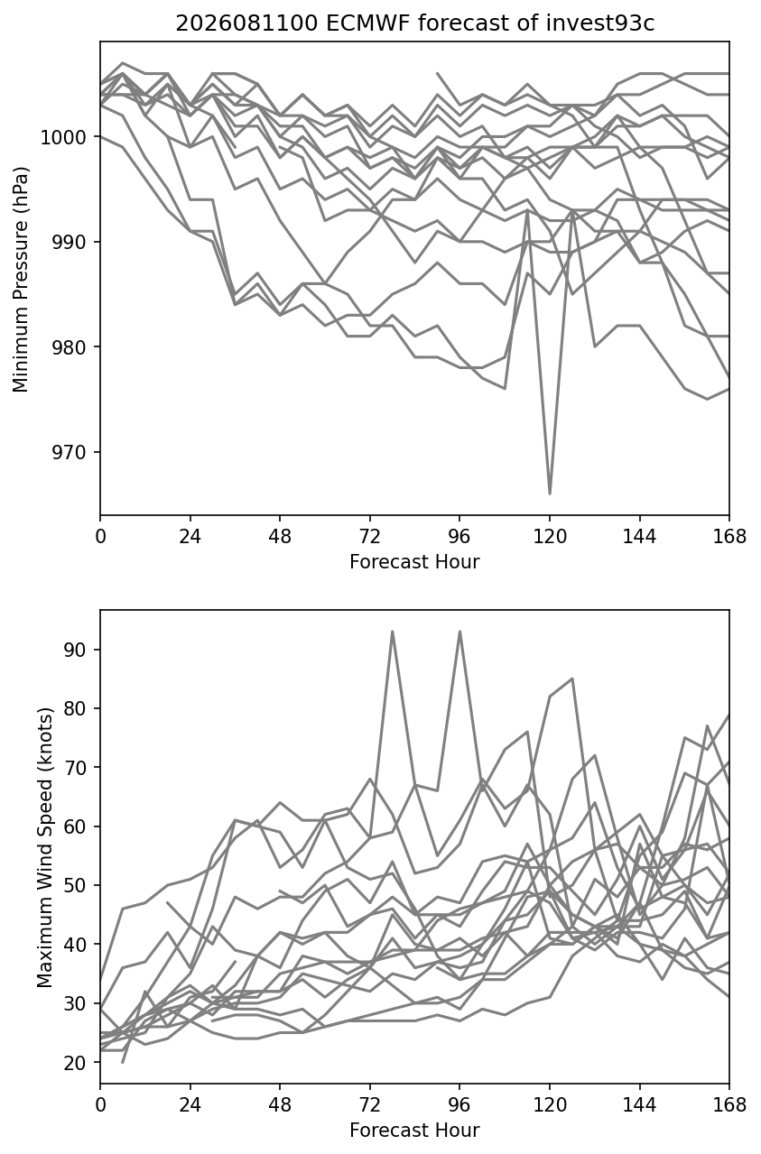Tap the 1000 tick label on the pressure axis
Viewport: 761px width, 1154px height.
click(x=63, y=137)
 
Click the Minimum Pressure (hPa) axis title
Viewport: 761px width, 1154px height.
click(x=21, y=279)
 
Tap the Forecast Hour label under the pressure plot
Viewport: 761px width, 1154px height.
click(x=414, y=561)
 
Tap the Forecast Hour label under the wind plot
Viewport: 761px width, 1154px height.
click(x=414, y=1131)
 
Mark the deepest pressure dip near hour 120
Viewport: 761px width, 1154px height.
click(x=550, y=494)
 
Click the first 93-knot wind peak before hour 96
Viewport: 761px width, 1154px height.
click(x=393, y=632)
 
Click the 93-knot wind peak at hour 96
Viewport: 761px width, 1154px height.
click(x=459, y=632)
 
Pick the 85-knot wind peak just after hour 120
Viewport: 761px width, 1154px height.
click(x=572, y=679)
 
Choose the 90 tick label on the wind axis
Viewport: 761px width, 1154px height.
click(x=75, y=650)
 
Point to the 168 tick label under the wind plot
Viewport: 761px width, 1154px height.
click(x=729, y=1105)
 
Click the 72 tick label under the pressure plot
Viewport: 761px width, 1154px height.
click(x=370, y=536)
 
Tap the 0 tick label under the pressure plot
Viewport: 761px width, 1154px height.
click(x=100, y=536)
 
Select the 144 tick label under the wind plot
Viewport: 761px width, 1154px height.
click(x=639, y=1105)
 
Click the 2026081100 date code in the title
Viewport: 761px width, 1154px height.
click(x=247, y=23)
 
